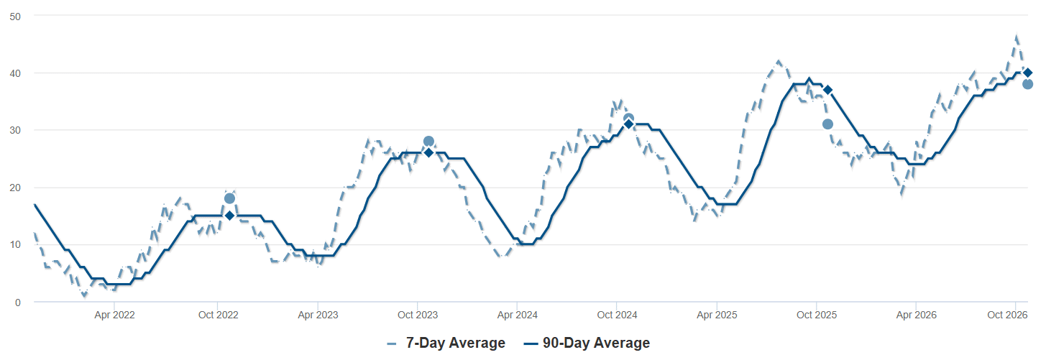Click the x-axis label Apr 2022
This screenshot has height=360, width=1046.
(x=114, y=315)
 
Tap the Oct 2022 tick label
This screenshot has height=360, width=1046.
(x=218, y=315)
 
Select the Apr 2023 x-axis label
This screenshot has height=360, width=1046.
(x=318, y=315)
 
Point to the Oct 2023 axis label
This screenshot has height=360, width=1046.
(x=418, y=315)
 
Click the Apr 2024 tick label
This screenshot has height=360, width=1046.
(x=518, y=315)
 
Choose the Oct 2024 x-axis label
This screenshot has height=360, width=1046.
(x=617, y=315)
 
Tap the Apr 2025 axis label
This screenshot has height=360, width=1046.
(x=717, y=315)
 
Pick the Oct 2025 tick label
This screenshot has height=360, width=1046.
(x=816, y=315)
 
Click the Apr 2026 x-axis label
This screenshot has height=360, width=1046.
(x=916, y=315)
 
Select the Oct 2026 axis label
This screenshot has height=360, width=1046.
(x=1007, y=315)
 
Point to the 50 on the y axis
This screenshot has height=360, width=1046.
(x=15, y=17)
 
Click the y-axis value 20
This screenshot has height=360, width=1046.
(x=15, y=188)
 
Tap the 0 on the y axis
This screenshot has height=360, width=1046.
(x=18, y=303)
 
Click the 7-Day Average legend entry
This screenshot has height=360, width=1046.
(x=446, y=343)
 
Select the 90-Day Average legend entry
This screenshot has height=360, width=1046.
(x=587, y=343)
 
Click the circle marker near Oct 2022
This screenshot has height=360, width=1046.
(x=229, y=198)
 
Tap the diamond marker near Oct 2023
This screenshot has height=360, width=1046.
(x=428, y=152)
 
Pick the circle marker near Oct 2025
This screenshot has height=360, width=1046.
(x=827, y=124)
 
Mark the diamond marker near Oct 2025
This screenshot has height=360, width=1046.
(x=827, y=90)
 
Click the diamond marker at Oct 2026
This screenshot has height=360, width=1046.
(x=1027, y=73)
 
